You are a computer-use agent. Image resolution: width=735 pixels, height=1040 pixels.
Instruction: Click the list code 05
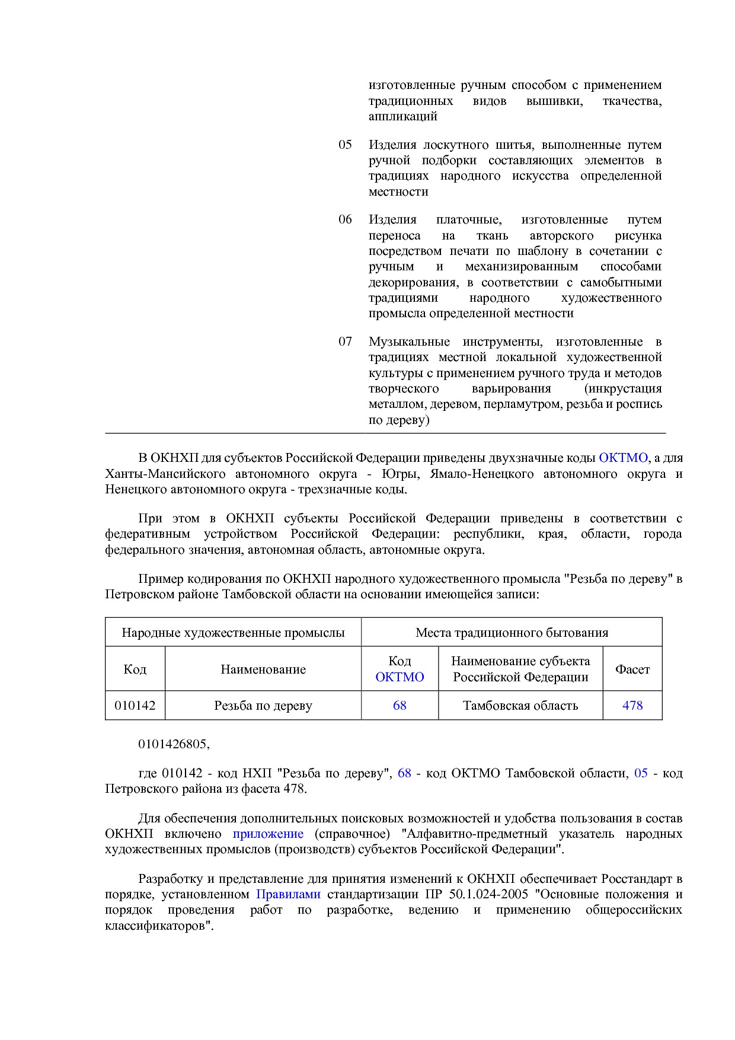click(x=345, y=145)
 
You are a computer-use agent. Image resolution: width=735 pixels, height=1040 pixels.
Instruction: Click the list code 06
click(x=345, y=219)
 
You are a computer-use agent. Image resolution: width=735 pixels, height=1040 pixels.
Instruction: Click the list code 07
click(x=345, y=342)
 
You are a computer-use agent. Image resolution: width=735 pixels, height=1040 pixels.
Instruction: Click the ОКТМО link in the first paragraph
click(x=623, y=458)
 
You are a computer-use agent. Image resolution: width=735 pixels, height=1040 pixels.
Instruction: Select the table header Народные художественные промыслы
click(x=233, y=633)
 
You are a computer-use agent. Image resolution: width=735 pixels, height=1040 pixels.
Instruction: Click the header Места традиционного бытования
click(x=512, y=633)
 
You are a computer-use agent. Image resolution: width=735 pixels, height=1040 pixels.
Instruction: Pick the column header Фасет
click(x=632, y=669)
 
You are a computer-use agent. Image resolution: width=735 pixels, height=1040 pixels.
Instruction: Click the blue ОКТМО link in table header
click(x=400, y=677)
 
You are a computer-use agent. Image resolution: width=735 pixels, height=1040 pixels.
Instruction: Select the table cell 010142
click(x=135, y=706)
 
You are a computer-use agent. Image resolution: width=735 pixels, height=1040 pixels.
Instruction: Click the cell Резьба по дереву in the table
click(x=263, y=706)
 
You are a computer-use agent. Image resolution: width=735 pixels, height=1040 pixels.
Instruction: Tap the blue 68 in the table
click(x=400, y=706)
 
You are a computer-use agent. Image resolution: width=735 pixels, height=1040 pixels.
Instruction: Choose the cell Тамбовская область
click(x=520, y=706)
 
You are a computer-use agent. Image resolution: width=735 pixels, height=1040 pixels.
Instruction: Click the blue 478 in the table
click(x=632, y=706)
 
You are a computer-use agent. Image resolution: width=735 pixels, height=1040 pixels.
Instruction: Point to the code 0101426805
click(x=174, y=744)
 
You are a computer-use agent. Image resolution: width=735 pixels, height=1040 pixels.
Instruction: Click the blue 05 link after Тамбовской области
click(x=641, y=773)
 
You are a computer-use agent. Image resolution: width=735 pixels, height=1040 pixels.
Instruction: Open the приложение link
click(x=268, y=834)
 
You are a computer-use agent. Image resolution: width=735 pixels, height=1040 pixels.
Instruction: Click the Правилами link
click(x=288, y=894)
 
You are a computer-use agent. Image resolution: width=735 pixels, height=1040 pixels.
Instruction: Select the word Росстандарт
click(x=637, y=879)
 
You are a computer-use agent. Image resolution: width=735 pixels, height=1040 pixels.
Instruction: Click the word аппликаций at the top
click(x=402, y=116)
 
